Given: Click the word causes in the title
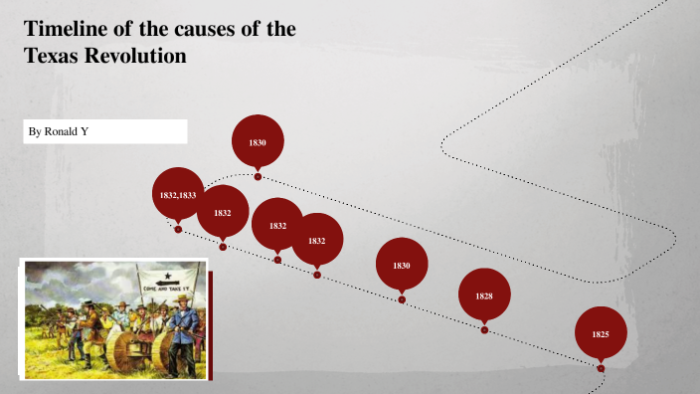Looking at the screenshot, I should pyautogui.click(x=189, y=29).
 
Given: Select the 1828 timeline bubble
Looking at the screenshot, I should pyautogui.click(x=484, y=295).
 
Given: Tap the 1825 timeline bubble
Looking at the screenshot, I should pyautogui.click(x=601, y=334).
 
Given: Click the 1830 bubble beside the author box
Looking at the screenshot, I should pyautogui.click(x=258, y=142).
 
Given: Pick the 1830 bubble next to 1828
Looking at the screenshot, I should pyautogui.click(x=402, y=265).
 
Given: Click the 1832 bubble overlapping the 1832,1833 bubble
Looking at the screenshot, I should pyautogui.click(x=222, y=212).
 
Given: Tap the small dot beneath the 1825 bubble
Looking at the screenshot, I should pyautogui.click(x=601, y=369).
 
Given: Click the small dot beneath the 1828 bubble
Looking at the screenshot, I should pyautogui.click(x=484, y=330).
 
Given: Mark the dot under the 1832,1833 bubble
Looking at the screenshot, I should pyautogui.click(x=178, y=229).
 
